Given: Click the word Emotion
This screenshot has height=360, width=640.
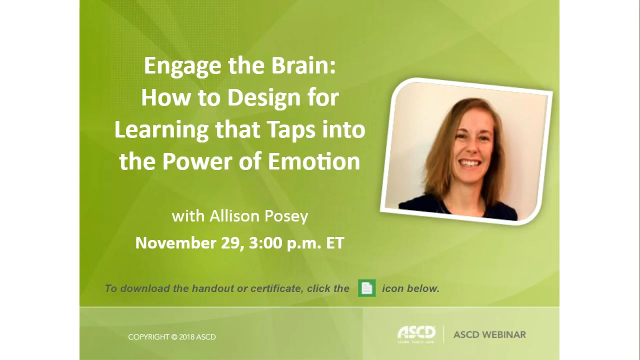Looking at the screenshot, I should [314, 161].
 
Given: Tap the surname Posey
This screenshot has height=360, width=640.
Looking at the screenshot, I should [287, 216].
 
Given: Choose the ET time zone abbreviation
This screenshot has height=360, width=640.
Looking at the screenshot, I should [335, 243].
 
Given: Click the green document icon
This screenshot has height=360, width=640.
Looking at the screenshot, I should [366, 288].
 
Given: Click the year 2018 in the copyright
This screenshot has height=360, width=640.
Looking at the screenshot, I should [185, 337].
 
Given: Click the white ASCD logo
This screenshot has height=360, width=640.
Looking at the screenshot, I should [416, 333].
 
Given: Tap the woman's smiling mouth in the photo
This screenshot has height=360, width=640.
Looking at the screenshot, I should [469, 163].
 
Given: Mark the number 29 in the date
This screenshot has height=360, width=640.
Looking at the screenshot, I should [233, 243].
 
